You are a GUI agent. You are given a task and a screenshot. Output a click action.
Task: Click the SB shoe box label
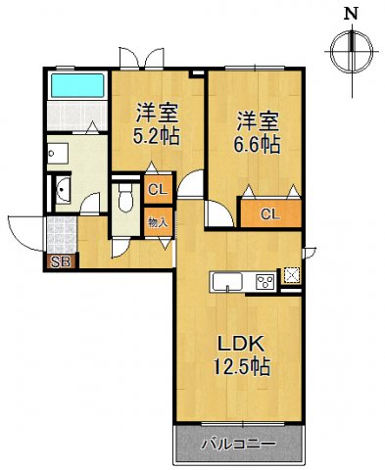[x=58, y=261]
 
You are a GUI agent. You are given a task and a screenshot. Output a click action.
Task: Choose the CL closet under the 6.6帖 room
[x=270, y=213]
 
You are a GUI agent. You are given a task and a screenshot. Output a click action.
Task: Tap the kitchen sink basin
[x=226, y=284]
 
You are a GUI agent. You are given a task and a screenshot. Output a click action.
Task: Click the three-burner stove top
[x=265, y=283]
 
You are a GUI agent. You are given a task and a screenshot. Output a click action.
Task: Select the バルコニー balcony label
[x=237, y=445]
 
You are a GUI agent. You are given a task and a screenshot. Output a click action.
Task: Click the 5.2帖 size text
[x=157, y=135]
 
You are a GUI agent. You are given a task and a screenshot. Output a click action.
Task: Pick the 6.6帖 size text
[x=258, y=145]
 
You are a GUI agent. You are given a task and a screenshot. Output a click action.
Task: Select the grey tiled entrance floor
[x=62, y=235]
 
